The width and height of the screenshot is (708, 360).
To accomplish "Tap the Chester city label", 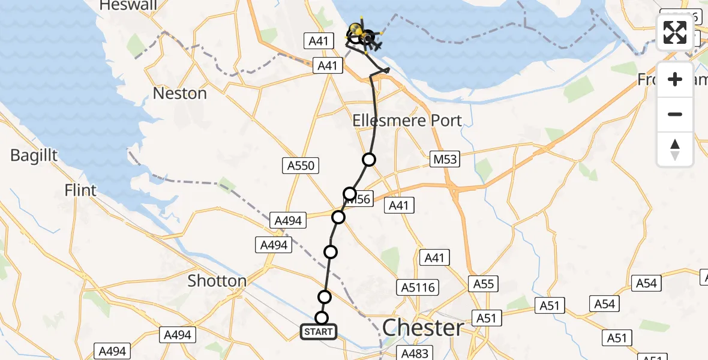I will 423,328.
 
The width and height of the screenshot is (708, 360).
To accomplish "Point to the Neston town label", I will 180,94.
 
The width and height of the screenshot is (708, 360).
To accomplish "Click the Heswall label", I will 128,6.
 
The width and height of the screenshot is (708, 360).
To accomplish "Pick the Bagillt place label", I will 34,155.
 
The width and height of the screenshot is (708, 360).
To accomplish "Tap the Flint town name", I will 81,191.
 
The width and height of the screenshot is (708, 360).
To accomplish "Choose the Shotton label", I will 217,281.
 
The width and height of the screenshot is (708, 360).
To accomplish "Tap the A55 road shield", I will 483,283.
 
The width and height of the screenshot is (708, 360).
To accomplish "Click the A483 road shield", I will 414,353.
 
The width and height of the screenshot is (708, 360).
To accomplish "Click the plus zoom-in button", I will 675,80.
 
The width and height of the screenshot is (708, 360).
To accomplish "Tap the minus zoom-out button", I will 675,114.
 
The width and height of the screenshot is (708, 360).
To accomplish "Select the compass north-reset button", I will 675,149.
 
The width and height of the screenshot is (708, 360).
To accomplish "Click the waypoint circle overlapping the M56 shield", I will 350,194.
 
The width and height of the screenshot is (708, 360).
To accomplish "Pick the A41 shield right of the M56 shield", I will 398,206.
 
